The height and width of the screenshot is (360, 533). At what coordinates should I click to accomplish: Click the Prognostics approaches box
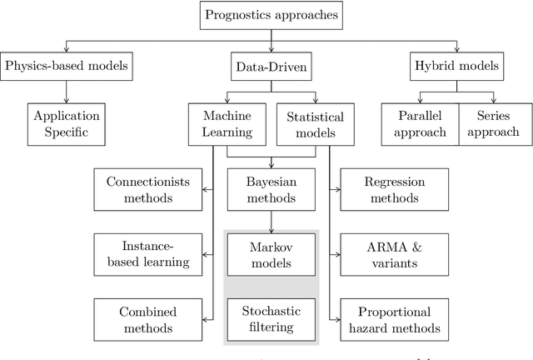(272, 16)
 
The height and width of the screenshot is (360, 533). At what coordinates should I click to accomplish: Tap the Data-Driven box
(271, 65)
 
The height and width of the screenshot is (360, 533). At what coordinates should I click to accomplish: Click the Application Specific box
(67, 123)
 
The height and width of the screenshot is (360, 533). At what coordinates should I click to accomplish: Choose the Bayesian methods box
(271, 189)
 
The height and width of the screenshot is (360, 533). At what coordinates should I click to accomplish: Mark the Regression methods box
(394, 189)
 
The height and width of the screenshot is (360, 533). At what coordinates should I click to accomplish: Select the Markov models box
(271, 255)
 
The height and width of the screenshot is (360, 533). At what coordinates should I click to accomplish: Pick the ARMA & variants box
(394, 255)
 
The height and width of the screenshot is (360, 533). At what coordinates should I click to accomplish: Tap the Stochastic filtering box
(271, 320)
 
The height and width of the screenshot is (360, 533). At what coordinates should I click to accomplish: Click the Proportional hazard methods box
(394, 320)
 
